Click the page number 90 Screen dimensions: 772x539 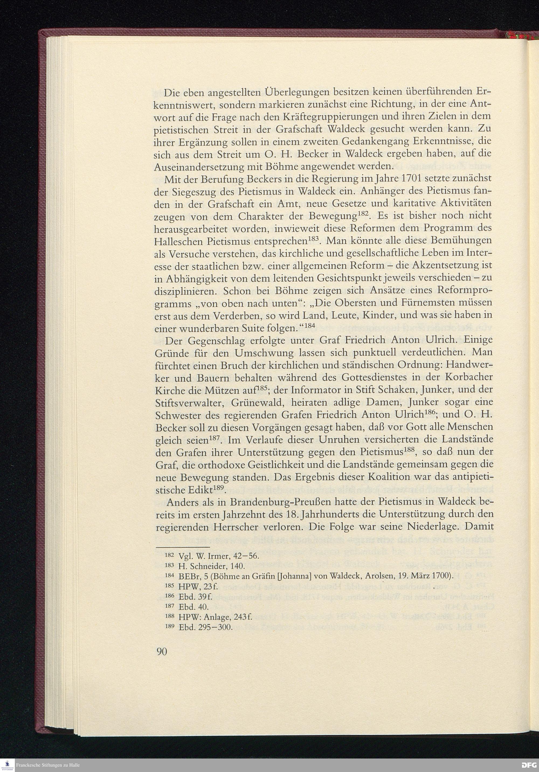162,652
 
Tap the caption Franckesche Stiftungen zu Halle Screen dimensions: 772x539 48,765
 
